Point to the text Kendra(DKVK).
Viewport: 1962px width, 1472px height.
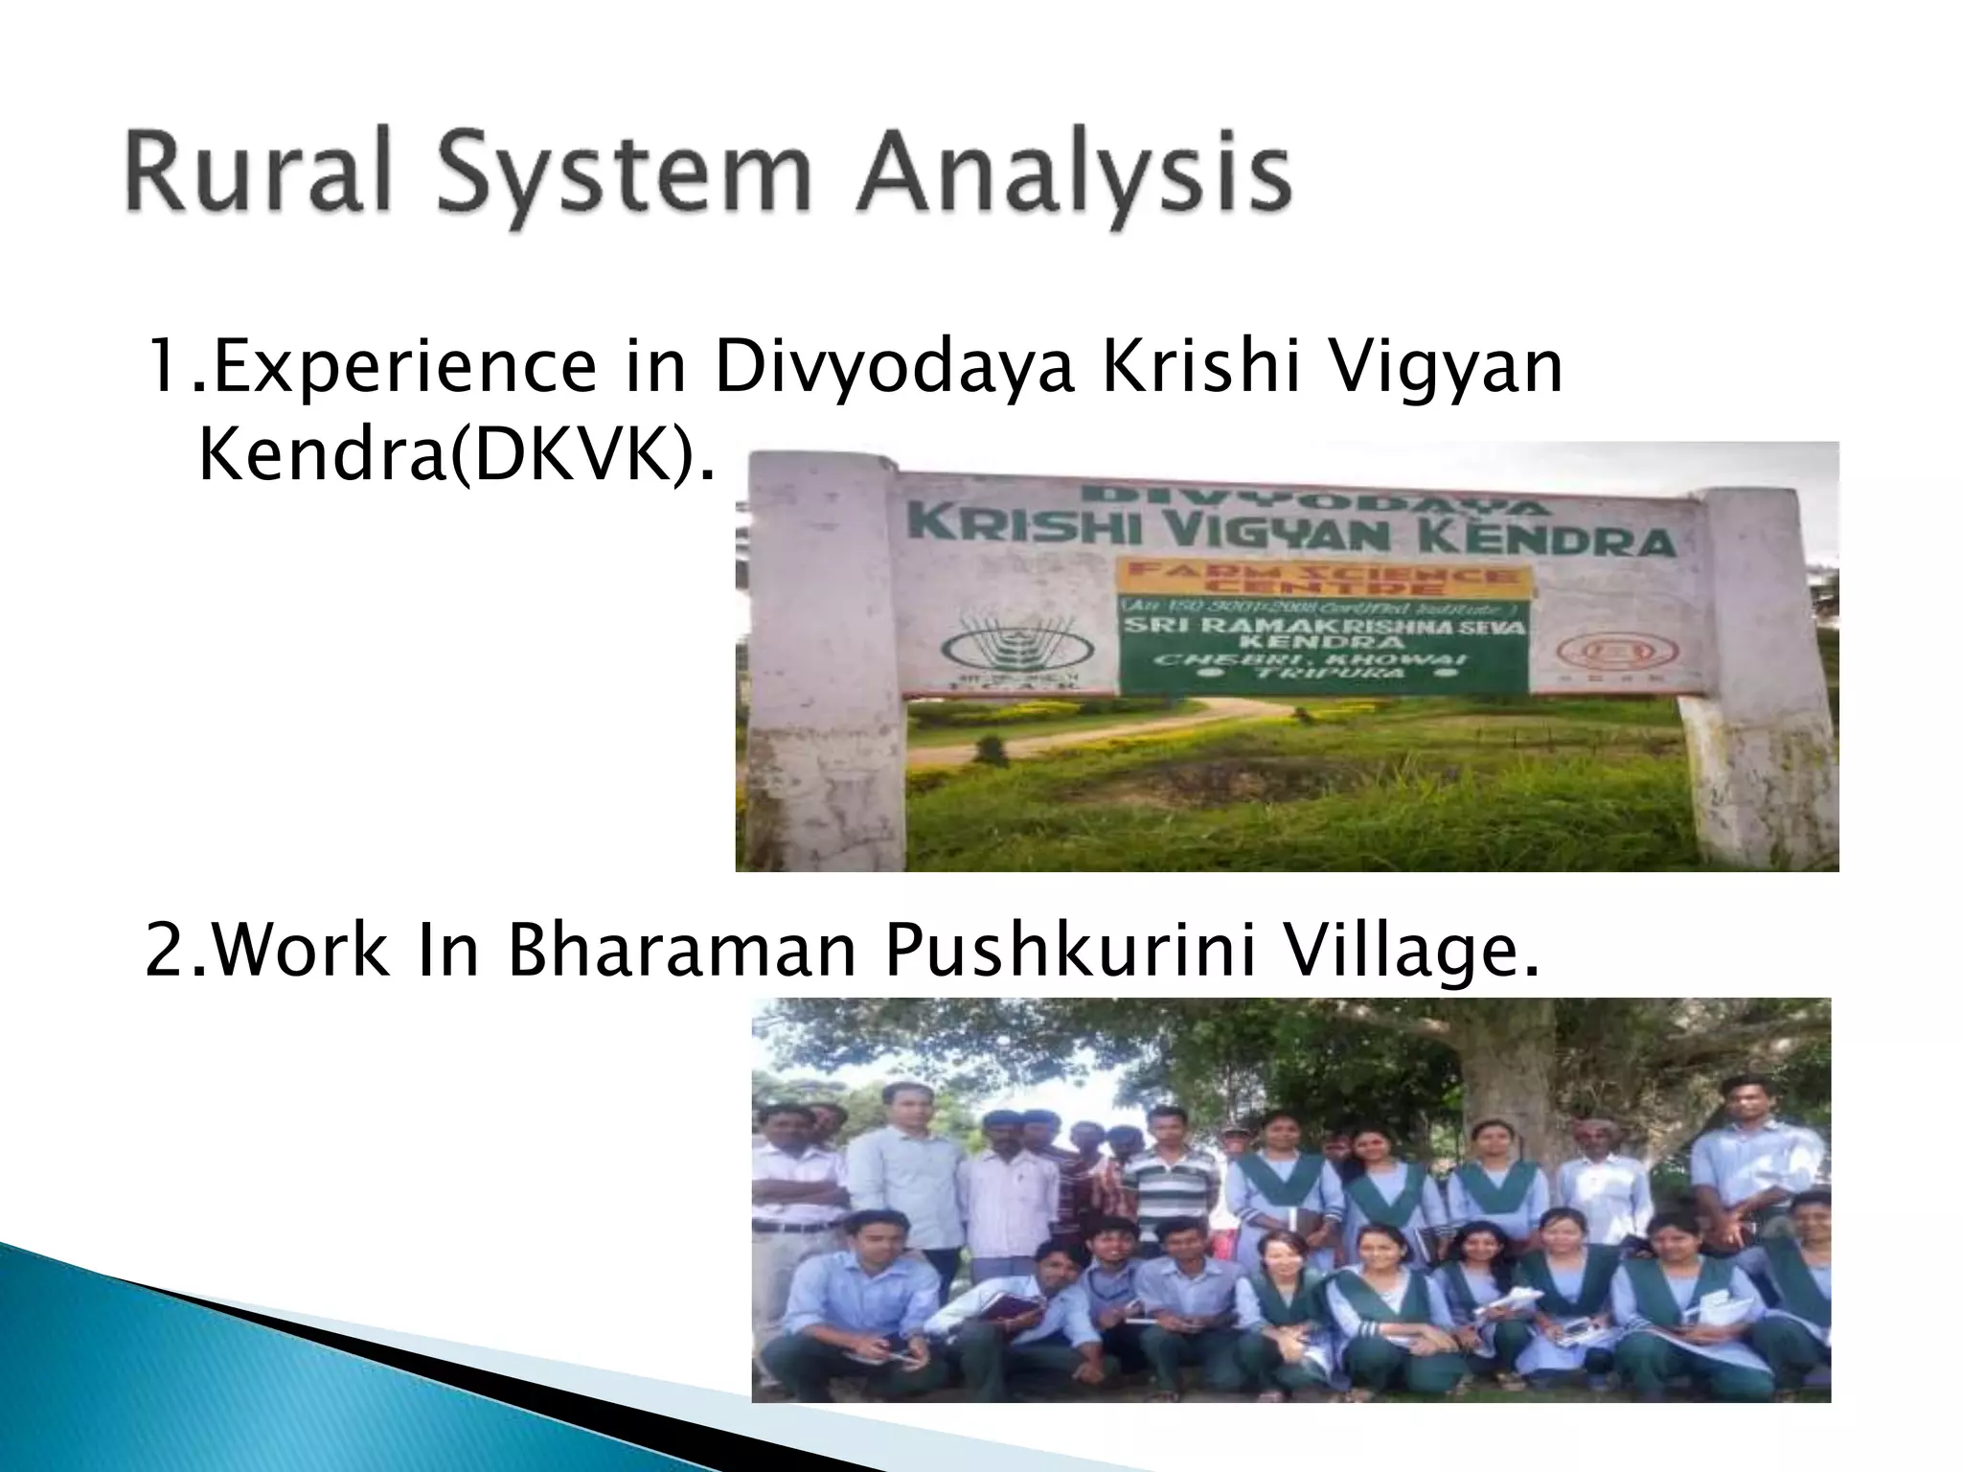click(456, 459)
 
